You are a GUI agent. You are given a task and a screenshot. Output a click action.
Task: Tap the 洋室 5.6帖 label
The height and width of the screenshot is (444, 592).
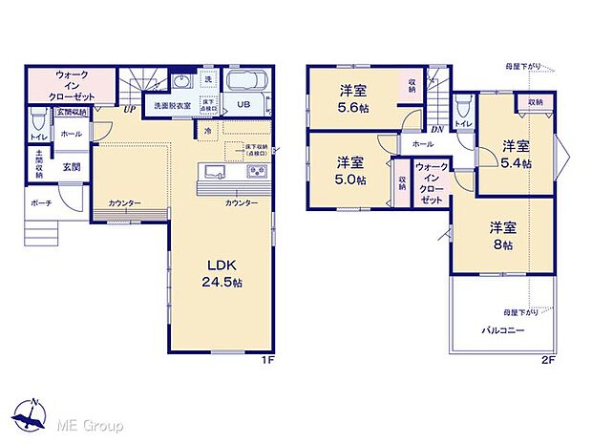[353, 99]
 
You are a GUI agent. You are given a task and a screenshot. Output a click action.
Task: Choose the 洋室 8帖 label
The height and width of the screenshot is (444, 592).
[503, 235]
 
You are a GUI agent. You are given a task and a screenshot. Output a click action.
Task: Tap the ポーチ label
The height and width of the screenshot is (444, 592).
[40, 203]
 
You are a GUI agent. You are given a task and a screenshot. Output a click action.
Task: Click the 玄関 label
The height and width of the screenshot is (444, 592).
[72, 166]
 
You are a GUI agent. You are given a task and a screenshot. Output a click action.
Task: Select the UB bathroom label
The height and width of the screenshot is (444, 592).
[243, 106]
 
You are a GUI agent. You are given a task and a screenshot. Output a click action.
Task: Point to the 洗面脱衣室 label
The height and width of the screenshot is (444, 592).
[167, 105]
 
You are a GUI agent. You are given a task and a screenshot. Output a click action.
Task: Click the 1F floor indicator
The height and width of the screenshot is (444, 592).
[269, 362]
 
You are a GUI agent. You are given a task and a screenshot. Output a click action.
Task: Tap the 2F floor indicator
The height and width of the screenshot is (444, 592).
[548, 362]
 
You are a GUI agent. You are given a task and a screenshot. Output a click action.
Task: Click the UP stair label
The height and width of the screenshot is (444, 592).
[128, 109]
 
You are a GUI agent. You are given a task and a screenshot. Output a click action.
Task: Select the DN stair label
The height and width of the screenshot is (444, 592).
[435, 130]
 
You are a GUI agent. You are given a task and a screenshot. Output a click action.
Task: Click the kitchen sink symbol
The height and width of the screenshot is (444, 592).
[213, 172]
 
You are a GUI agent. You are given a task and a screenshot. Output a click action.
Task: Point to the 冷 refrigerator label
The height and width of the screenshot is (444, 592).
[207, 131]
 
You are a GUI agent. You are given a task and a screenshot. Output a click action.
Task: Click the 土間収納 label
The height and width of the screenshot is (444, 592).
[39, 165]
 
